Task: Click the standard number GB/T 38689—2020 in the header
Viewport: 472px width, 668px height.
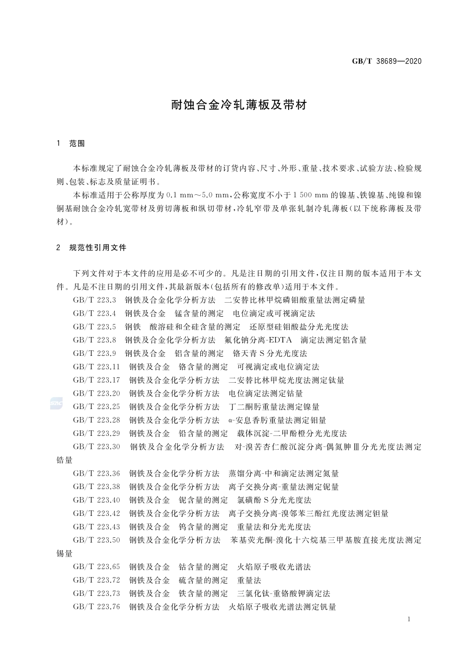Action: coord(387,61)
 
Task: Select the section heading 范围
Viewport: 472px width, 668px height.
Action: coord(77,144)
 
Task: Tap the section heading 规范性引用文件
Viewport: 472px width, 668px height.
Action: coord(98,247)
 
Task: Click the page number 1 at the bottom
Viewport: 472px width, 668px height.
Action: coord(408,619)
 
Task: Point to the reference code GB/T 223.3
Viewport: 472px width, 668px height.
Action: coord(94,300)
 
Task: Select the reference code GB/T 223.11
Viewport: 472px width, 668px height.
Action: coord(96,367)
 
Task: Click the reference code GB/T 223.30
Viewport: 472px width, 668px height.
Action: coord(96,447)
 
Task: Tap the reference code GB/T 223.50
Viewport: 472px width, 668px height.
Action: coord(96,540)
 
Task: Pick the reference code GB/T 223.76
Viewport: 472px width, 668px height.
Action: coord(96,606)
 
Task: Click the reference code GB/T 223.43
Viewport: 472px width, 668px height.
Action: coord(96,526)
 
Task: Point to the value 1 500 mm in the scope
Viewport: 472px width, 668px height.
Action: coord(308,195)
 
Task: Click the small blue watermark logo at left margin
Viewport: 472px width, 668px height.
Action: coord(56,404)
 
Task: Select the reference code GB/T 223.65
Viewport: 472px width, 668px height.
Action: coord(96,567)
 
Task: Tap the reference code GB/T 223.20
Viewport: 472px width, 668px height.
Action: coord(96,394)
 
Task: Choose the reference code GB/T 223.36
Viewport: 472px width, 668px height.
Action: coord(96,473)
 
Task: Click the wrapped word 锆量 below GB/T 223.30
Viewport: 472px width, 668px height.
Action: coord(65,460)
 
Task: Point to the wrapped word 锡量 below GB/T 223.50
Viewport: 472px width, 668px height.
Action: coord(65,553)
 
